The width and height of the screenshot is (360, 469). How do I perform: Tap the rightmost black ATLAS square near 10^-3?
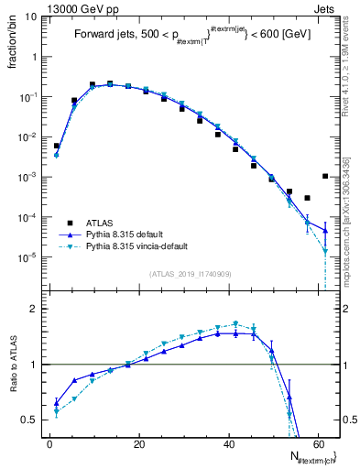(326, 176)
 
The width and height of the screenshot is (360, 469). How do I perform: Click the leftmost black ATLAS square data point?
(56, 146)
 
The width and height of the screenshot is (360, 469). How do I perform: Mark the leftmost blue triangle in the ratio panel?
(56, 402)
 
